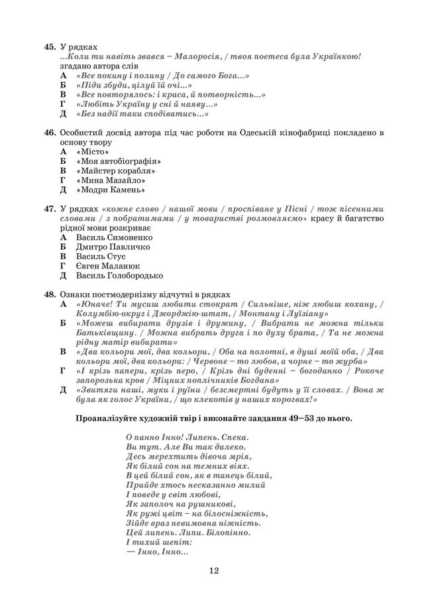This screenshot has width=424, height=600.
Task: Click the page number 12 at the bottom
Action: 213,570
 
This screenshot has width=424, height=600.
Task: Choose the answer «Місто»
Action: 91,151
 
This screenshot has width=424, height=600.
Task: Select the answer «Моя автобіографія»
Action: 119,161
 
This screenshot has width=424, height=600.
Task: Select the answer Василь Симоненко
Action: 114,237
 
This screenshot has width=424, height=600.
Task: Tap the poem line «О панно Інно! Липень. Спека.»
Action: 187,438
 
